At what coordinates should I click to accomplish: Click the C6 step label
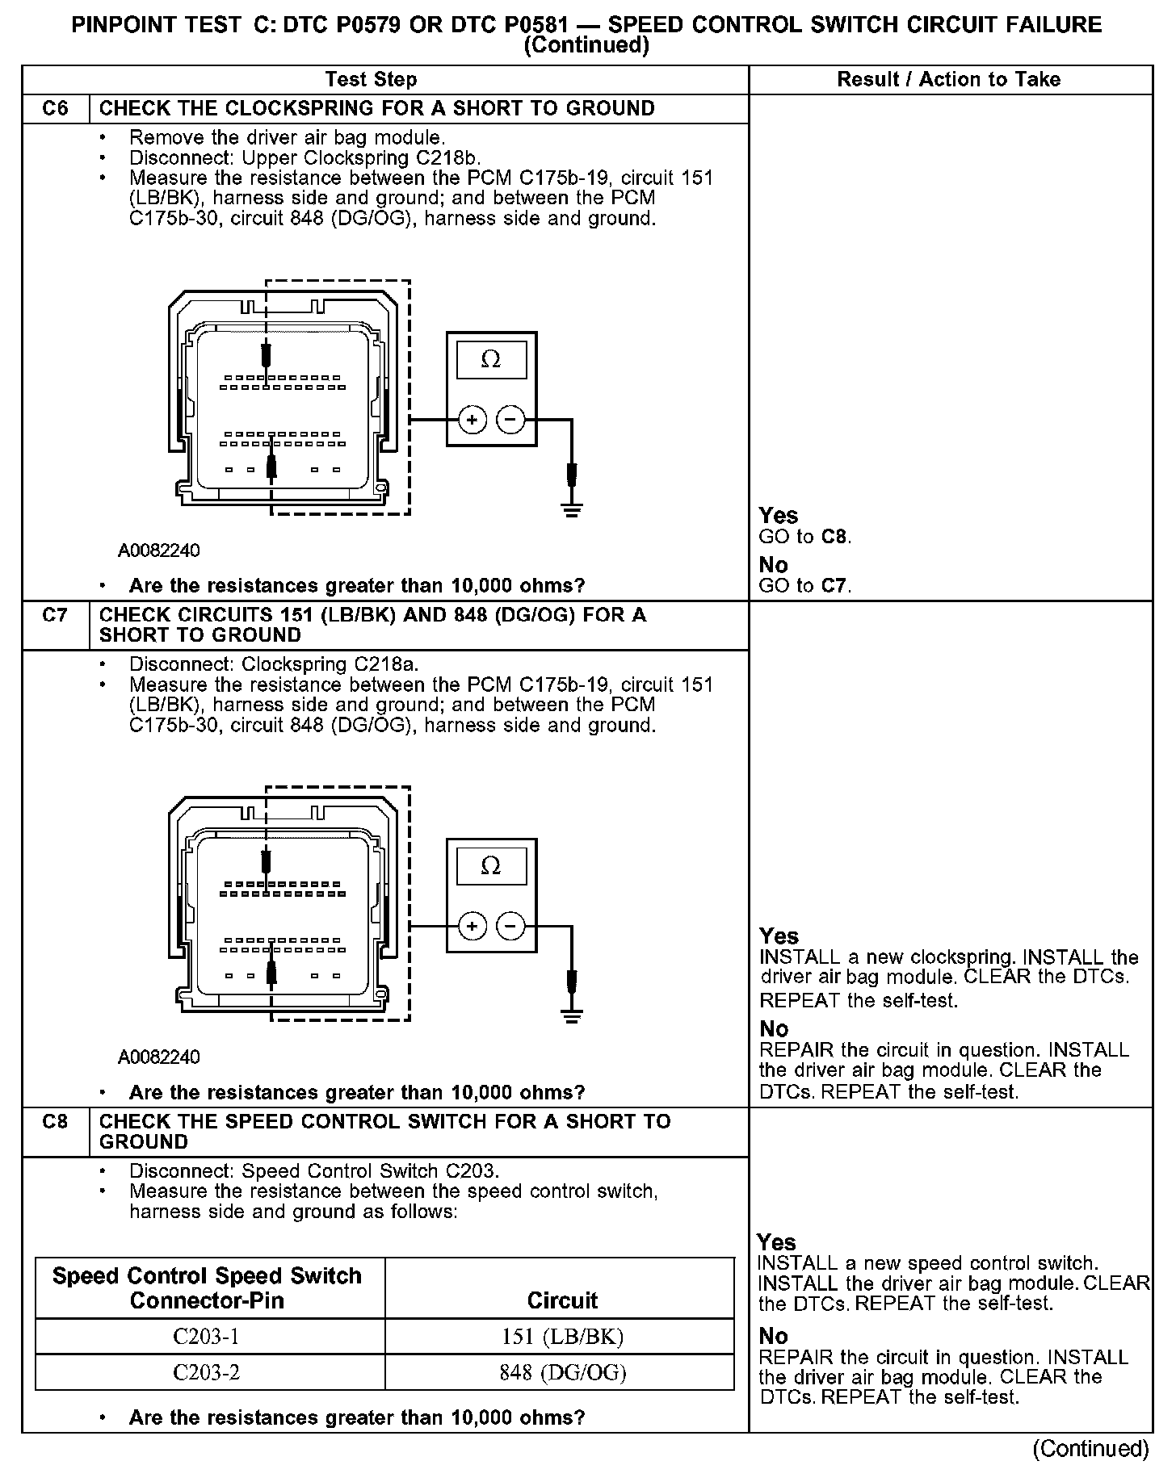55,108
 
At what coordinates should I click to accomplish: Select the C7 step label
55,615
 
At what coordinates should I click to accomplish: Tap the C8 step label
55,1121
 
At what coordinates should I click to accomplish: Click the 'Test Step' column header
371,79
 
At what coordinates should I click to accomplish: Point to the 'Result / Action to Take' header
948,79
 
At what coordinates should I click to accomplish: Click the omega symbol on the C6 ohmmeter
490,359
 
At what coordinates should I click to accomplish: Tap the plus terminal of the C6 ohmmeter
472,420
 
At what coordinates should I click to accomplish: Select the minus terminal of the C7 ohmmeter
510,926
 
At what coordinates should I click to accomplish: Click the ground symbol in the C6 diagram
572,509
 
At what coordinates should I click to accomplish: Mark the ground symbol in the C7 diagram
572,1015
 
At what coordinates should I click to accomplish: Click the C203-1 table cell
207,1338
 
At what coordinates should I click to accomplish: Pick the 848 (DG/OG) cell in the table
562,1373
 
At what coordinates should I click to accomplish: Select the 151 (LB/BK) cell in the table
562,1338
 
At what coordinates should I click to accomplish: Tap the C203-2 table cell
207,1373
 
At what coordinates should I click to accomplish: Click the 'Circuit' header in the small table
562,1300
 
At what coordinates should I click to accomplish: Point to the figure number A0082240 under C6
159,551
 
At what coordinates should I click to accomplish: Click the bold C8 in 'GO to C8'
835,537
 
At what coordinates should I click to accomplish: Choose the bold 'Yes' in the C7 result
779,936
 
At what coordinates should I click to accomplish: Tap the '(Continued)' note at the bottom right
1090,1448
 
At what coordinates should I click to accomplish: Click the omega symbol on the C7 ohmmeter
490,866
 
